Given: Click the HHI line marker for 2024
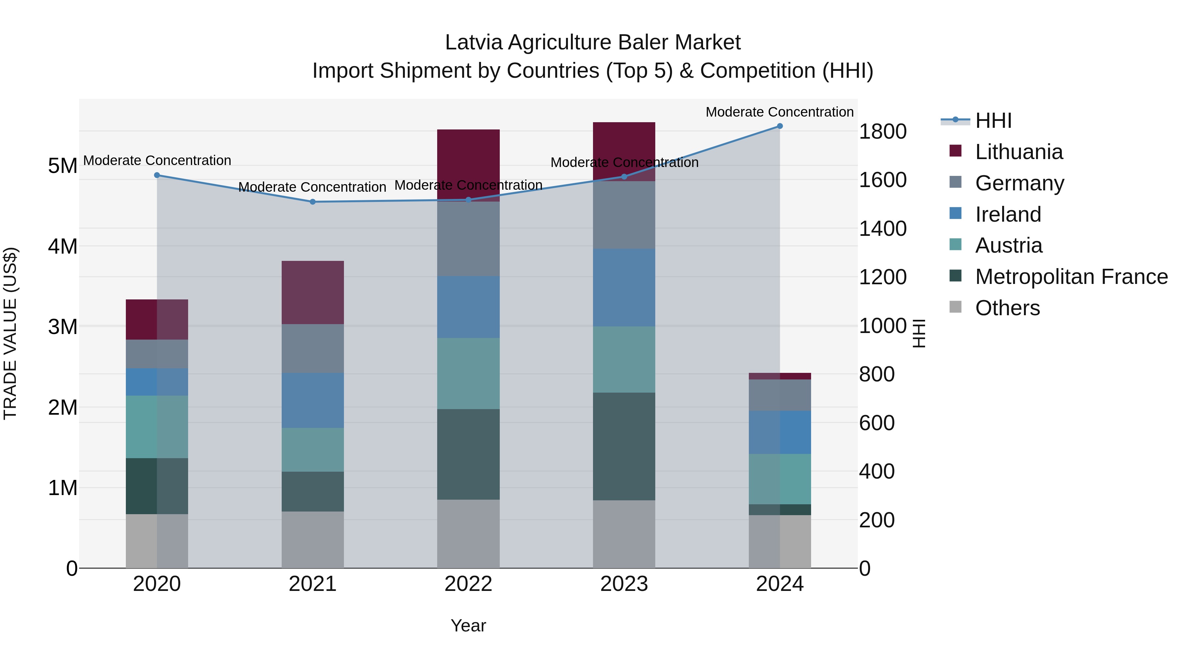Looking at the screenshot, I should [x=779, y=126].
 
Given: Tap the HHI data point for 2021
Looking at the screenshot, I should [x=313, y=202].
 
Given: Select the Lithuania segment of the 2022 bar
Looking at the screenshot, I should [x=468, y=165].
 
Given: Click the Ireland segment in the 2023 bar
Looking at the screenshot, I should [x=624, y=288].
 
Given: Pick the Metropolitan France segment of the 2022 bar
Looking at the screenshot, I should [x=468, y=454].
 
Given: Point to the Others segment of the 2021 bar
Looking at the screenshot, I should [x=313, y=540].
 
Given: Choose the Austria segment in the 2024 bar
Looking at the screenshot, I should [x=779, y=479].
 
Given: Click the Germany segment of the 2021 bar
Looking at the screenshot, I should [x=313, y=348].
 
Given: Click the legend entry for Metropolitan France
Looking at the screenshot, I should [x=1071, y=277].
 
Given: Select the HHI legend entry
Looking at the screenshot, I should [x=993, y=121].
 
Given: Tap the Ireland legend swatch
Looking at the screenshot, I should [x=955, y=213].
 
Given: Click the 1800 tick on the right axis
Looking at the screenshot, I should [x=883, y=132].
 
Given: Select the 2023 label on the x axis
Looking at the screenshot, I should [x=624, y=584].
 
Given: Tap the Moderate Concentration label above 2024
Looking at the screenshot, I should [x=779, y=112].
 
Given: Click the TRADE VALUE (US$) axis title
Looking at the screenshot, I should [x=11, y=333].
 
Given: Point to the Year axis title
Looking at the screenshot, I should [x=468, y=625].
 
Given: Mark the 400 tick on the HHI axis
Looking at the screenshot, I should [x=877, y=471].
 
